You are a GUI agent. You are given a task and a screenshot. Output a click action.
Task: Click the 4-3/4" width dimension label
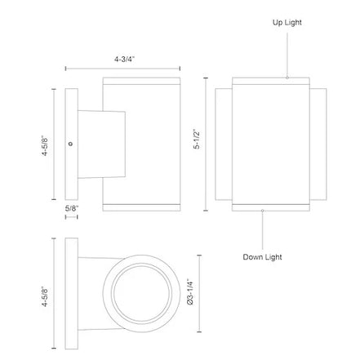124,59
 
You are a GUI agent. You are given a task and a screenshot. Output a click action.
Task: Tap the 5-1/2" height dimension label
197,139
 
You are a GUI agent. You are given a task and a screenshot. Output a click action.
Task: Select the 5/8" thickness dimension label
72,208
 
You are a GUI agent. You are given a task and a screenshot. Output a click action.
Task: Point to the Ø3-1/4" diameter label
190,291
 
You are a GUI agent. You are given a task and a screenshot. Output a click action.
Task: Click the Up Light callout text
287,22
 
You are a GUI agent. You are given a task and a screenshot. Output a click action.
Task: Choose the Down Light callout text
262,257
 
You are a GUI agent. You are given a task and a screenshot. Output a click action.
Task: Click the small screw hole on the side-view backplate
71,144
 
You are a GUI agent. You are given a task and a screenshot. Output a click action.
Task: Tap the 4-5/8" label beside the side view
45,145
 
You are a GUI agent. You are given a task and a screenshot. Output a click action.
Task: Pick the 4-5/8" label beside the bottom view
45,296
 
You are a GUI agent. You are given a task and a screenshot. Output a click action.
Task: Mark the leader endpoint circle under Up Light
287,78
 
